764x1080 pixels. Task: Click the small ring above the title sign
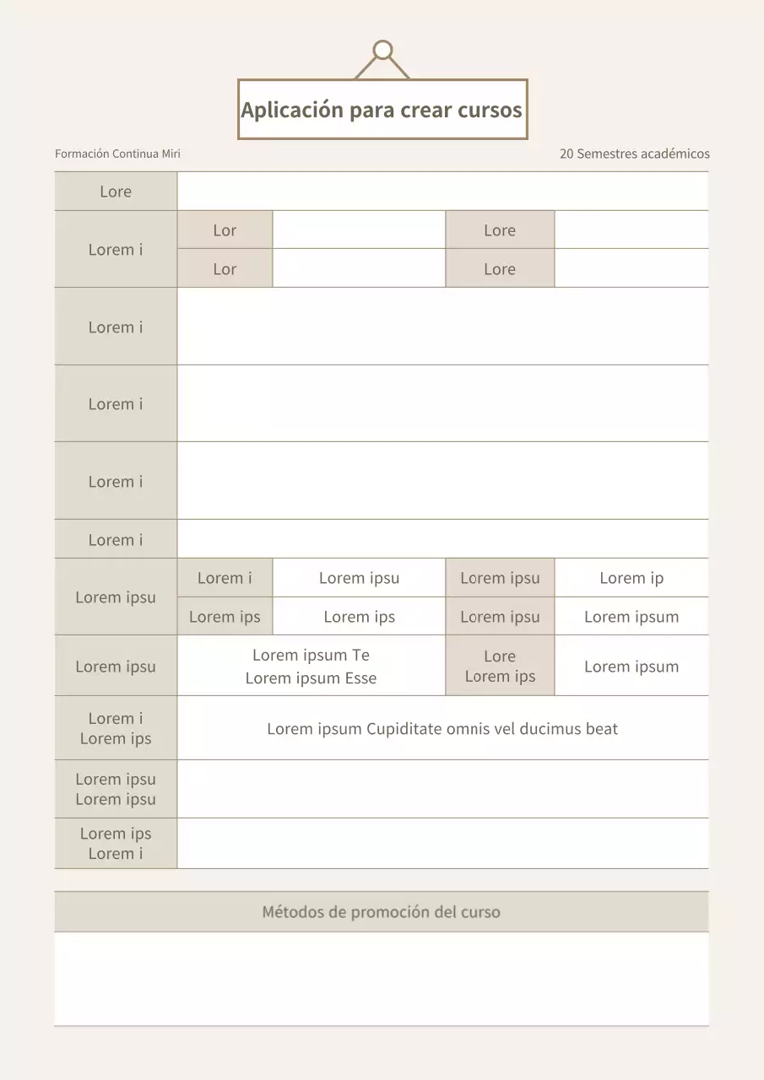[x=382, y=50]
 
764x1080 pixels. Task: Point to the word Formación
[x=82, y=154]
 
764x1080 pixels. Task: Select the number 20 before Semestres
[x=566, y=154]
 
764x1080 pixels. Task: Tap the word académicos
[x=675, y=154]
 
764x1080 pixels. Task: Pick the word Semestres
[x=607, y=154]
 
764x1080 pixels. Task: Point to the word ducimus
[x=550, y=729]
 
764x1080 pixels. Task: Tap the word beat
[x=602, y=729]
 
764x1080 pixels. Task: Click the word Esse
[x=360, y=678]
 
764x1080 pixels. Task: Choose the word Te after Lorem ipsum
[x=360, y=655]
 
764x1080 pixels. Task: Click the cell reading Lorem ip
[x=631, y=578]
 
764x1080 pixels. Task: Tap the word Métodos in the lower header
[x=291, y=912]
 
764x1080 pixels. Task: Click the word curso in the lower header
[x=480, y=912]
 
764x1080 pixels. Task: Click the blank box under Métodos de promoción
[x=382, y=978]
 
